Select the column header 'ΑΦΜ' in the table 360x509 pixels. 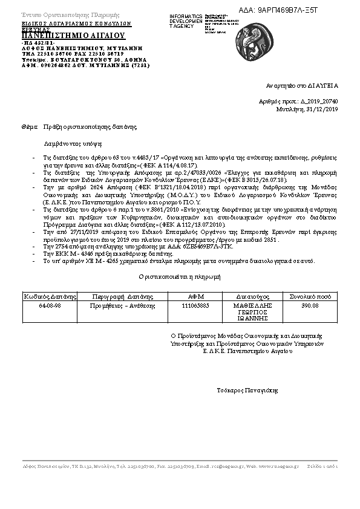coord(195,297)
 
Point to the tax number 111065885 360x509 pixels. coord(195,306)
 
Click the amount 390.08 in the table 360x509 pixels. coord(310,306)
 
